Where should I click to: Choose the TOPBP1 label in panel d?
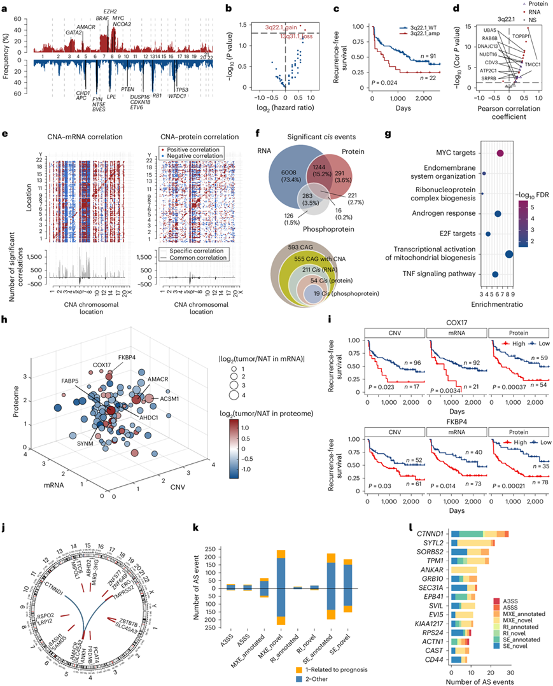click(529, 29)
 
